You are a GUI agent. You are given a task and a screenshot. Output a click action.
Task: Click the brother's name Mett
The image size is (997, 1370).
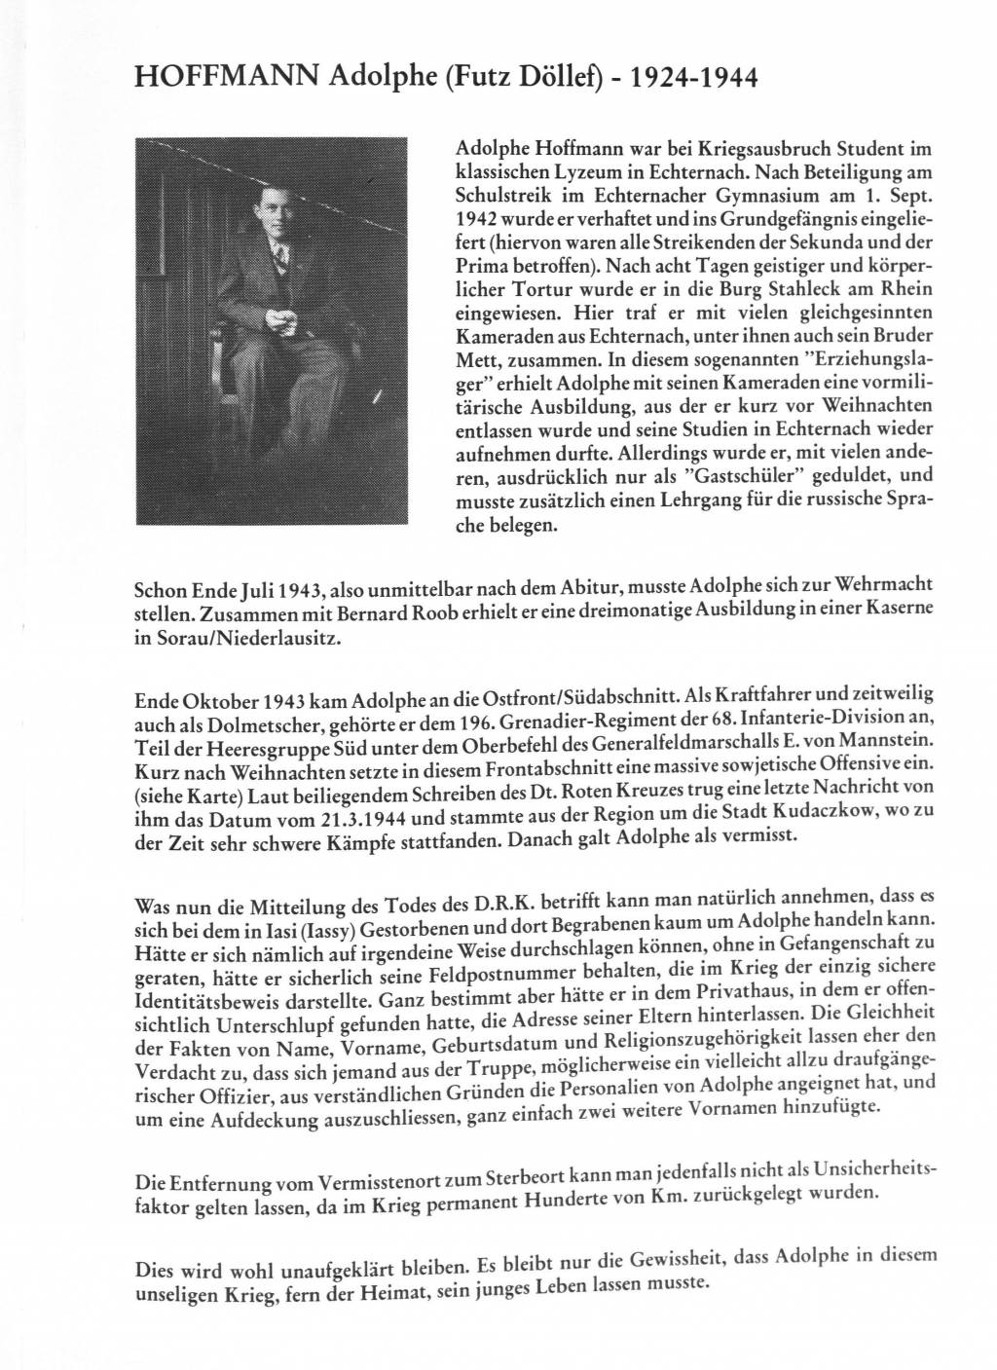tap(480, 359)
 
